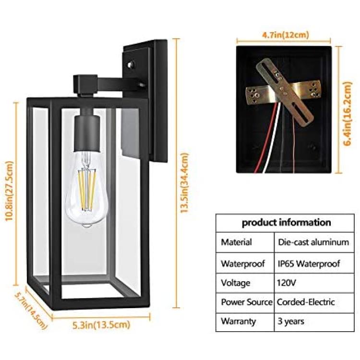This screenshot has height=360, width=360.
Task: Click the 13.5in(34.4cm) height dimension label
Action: point(185,183)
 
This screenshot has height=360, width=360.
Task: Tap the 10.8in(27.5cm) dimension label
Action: point(10,191)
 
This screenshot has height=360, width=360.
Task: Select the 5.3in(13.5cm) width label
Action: point(101,324)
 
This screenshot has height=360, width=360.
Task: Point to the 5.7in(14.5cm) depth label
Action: point(32,311)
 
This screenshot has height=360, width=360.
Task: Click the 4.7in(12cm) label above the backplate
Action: point(286,35)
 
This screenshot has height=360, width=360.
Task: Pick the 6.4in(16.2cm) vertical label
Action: point(348,113)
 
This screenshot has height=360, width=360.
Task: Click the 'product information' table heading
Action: point(286,222)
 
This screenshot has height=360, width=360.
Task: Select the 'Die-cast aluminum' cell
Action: point(313,242)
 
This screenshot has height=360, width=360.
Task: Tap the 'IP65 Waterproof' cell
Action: point(309,264)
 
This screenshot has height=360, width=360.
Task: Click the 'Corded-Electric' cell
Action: point(306,302)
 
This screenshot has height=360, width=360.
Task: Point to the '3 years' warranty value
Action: point(291,321)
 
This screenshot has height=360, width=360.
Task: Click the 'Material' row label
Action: point(236,242)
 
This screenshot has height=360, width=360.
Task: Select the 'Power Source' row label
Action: point(246,302)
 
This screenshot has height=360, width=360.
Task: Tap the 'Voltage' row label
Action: point(235,283)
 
